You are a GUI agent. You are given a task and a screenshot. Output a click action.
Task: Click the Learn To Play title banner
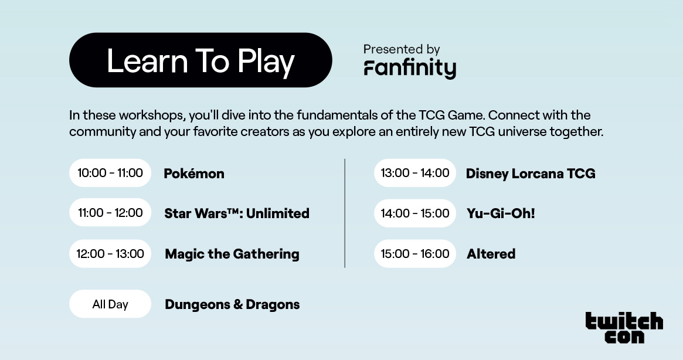tap(201, 60)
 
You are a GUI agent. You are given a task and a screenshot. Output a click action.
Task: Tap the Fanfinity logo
tap(410, 68)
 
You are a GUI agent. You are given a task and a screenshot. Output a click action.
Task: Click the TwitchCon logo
tap(624, 328)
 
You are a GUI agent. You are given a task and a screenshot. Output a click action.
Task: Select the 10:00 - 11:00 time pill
tap(110, 173)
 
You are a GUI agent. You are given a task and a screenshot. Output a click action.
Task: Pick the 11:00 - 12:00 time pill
tap(110, 213)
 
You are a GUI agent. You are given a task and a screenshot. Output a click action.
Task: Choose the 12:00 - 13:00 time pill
tap(110, 254)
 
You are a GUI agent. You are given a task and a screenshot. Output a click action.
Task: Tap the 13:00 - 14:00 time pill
tap(415, 173)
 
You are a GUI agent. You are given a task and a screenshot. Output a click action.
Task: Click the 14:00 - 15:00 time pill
tap(415, 213)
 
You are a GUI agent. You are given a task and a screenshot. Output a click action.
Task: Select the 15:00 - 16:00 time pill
tap(415, 254)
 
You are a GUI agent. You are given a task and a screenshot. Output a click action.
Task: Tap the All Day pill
tap(110, 304)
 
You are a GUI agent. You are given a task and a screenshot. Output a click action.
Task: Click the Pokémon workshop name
tap(194, 174)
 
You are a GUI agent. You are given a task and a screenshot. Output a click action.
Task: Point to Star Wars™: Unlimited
tap(237, 213)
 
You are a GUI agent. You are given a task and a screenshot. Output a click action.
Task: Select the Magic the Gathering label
tap(232, 254)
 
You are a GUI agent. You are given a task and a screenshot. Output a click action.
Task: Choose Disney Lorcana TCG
tap(531, 174)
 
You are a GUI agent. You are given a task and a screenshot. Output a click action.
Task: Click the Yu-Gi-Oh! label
tap(501, 213)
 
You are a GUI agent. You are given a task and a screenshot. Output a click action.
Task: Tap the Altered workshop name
tap(491, 254)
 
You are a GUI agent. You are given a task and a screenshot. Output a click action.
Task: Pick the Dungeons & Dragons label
tap(232, 304)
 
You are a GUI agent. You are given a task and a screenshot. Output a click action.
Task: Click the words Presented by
tap(402, 49)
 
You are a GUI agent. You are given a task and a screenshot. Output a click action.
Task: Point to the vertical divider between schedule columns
tap(345, 213)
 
